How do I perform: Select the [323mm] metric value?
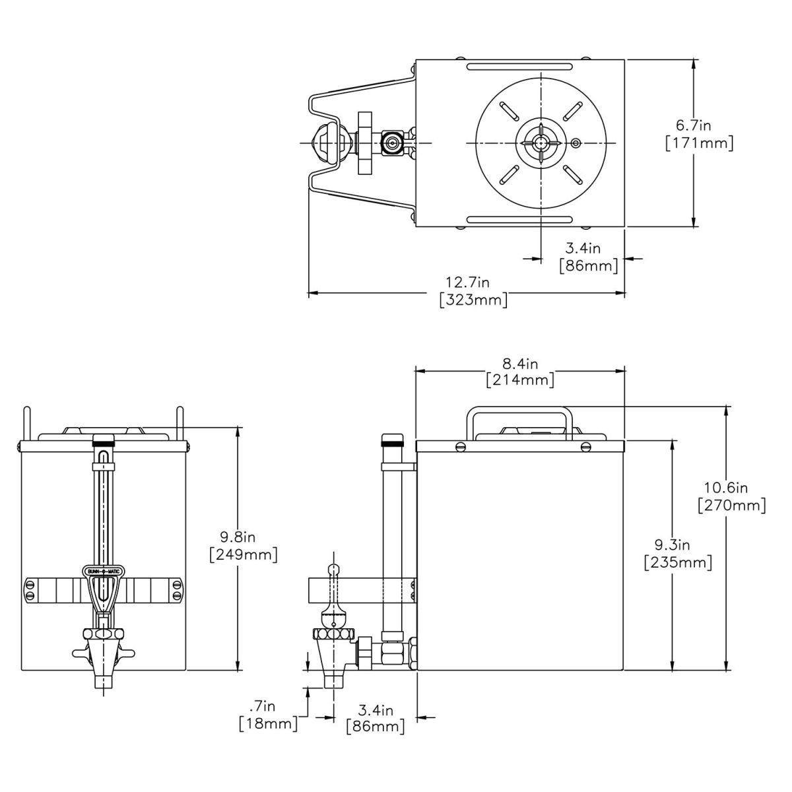pyautogui.click(x=473, y=301)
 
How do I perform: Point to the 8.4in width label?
pyautogui.click(x=519, y=364)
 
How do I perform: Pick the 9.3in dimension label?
pyautogui.click(x=673, y=545)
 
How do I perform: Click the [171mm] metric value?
pyautogui.click(x=698, y=143)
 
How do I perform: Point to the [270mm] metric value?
pyautogui.click(x=731, y=506)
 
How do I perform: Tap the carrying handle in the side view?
pyautogui.click(x=519, y=412)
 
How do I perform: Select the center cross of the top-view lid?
pyautogui.click(x=541, y=143)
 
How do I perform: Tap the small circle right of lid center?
pyautogui.click(x=576, y=143)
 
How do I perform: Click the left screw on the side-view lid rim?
pyautogui.click(x=461, y=447)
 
